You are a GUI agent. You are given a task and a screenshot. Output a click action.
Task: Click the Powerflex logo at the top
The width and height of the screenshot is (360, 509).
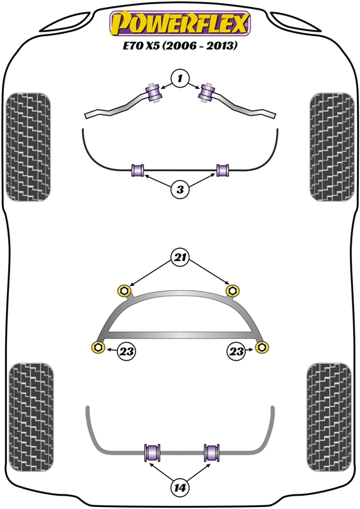[180, 24]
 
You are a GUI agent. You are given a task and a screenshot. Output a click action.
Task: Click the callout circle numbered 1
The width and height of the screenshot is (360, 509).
[180, 78]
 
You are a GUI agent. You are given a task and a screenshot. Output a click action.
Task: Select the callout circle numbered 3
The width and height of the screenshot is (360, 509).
[180, 189]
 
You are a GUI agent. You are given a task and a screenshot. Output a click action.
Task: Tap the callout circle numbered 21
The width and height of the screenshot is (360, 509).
[180, 258]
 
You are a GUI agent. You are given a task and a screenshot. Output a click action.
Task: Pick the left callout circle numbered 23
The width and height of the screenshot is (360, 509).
[126, 351]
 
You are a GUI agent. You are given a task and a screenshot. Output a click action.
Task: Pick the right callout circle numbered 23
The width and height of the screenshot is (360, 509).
[237, 351]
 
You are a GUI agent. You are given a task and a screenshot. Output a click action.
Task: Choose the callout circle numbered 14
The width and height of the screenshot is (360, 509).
[179, 487]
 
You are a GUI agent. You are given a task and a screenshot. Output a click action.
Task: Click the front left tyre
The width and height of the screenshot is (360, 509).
[28, 147]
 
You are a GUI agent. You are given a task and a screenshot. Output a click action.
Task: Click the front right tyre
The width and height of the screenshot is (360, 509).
[332, 147]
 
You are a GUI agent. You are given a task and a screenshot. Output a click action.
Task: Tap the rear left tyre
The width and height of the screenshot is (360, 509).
[31, 417]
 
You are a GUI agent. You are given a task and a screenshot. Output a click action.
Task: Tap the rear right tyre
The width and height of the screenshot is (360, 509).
[329, 417]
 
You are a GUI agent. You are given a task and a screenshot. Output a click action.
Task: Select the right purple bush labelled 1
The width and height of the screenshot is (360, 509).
[207, 93]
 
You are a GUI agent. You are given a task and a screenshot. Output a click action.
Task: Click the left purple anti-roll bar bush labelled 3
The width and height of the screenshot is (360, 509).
[137, 171]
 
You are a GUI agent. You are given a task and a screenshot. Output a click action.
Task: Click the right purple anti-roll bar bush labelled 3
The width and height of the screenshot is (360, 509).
[223, 171]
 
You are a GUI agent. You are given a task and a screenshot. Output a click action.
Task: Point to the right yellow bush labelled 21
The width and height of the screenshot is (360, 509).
[232, 290]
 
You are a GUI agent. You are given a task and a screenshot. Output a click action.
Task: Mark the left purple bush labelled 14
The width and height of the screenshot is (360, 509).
[152, 452]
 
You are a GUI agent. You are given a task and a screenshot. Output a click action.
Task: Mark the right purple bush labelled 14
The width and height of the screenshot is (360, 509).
[212, 452]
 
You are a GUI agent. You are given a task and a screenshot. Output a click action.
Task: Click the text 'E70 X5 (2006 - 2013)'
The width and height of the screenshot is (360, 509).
[180, 45]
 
